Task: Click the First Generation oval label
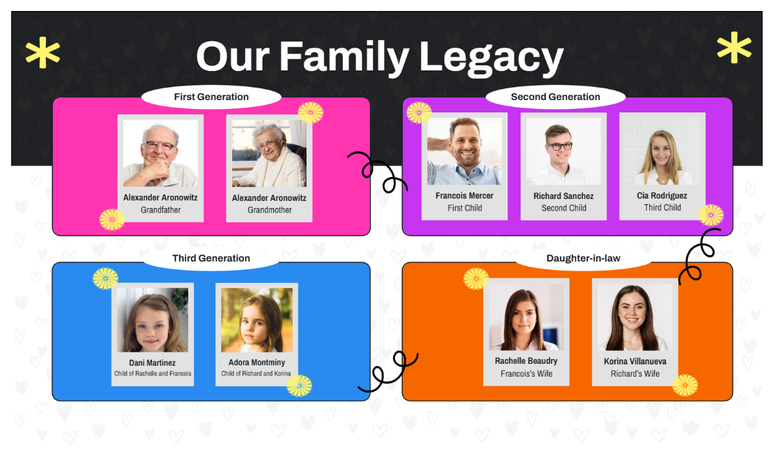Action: [211, 97]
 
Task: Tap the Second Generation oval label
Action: [555, 97]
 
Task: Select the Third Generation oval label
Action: [211, 258]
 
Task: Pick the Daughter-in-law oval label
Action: [583, 258]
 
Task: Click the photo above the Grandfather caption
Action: [160, 153]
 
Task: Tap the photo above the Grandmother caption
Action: [269, 153]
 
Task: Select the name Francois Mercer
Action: [464, 196]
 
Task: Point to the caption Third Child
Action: [662, 207]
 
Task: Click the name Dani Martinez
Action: [153, 362]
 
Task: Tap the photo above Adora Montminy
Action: [257, 320]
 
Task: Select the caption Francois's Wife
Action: [526, 373]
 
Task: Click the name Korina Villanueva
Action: [635, 361]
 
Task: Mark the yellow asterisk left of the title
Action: [43, 54]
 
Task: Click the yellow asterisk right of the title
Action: [735, 48]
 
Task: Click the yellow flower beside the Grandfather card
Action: [112, 220]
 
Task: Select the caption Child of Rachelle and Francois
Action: [153, 373]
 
